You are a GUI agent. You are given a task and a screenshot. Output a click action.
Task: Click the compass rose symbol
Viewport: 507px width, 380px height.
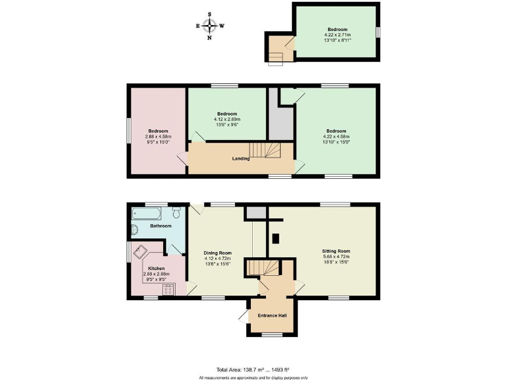pos(210,26)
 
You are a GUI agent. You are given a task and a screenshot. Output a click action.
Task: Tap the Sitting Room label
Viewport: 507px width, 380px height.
pos(335,251)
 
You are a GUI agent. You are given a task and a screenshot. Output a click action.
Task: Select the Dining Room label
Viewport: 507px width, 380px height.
pos(217,253)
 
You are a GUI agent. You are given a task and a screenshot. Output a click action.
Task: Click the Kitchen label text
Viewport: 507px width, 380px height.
pos(156,269)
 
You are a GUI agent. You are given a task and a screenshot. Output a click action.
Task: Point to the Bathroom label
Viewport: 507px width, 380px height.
pos(160,226)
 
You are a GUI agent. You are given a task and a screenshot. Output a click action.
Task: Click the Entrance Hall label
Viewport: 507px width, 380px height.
pos(273,315)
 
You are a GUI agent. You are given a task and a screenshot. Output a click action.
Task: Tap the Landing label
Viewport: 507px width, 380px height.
pos(240,158)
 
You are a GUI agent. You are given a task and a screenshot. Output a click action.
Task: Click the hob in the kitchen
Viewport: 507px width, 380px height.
pos(168,289)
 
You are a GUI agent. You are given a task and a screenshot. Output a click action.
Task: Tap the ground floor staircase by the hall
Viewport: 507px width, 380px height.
pos(263,267)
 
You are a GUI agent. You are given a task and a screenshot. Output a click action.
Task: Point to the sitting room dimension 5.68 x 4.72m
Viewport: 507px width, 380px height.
pos(335,257)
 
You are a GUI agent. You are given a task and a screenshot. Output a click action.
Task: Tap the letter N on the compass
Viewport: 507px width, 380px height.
pos(210,38)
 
